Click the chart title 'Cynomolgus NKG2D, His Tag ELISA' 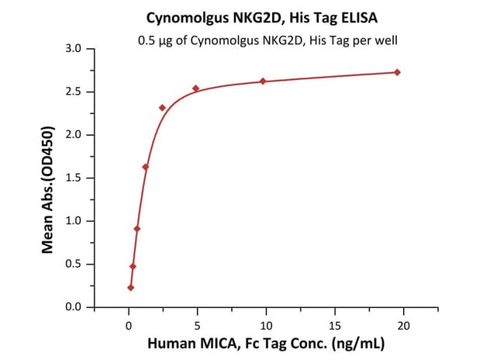[252, 16]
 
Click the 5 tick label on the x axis [198, 323]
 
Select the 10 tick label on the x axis [266, 323]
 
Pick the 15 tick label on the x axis [335, 323]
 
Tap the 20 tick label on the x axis [403, 323]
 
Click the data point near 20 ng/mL [398, 72]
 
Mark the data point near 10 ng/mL [263, 81]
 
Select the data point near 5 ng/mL [196, 88]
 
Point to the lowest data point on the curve [131, 288]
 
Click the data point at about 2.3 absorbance [162, 108]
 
